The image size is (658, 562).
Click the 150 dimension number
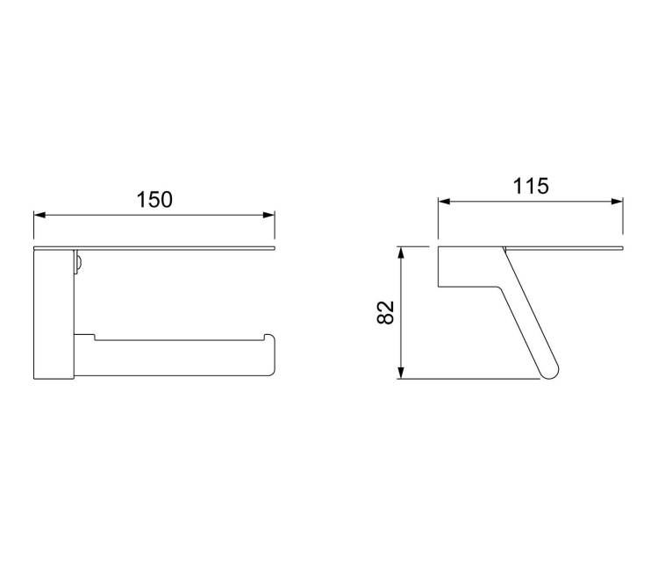point(154,200)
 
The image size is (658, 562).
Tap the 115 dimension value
point(531,186)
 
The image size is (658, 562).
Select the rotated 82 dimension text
point(386,312)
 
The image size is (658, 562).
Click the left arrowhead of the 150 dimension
point(39,215)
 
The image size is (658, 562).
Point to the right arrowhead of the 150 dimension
point(269,215)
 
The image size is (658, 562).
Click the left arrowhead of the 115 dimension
point(444,202)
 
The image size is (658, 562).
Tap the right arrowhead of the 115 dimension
point(618,202)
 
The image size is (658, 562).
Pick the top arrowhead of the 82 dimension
point(401,253)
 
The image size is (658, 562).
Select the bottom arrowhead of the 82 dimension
point(401,373)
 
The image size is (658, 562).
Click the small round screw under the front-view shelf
point(78,264)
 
